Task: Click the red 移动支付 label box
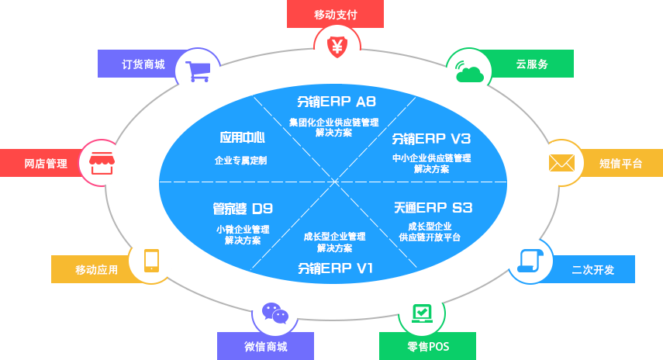pos(337,14)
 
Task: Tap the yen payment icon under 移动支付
pos(337,46)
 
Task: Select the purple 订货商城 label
pos(143,64)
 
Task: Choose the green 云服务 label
pos(532,64)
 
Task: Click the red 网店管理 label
pos(46,163)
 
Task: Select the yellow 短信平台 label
pos(620,163)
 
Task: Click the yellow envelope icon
pos(561,163)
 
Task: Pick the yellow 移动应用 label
pos(96,269)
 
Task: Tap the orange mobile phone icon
pos(151,260)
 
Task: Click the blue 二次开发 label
pos(592,269)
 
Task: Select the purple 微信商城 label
pos(265,346)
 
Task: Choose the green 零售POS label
pos(428,346)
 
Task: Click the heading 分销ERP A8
pos(336,102)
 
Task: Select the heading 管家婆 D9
pos(243,208)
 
